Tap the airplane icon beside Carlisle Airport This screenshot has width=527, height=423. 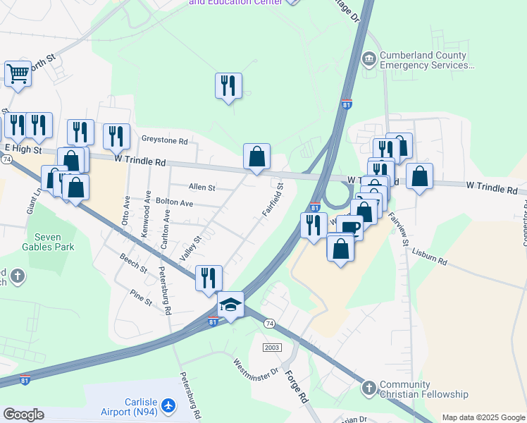point(168,406)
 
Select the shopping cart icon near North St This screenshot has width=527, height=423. point(18,73)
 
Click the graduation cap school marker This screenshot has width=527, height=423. point(230,305)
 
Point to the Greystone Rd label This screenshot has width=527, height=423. point(164,141)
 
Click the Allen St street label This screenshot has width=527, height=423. point(201,188)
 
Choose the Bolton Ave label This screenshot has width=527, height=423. point(174,202)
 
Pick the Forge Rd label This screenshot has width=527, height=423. point(297,387)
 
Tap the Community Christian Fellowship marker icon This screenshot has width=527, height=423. point(368,388)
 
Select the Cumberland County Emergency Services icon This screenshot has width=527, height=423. point(368,59)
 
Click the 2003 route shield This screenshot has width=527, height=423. point(272,348)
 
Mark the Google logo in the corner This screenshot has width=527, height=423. point(23,415)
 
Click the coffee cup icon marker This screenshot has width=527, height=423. point(349,227)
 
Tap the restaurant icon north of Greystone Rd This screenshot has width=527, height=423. point(228,85)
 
